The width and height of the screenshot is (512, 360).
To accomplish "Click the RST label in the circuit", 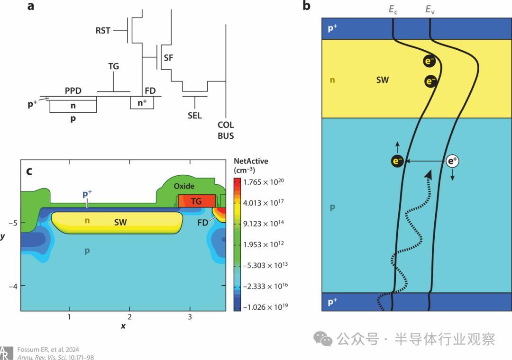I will pos(102,31).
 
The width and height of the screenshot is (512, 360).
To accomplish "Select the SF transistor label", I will pos(168,58).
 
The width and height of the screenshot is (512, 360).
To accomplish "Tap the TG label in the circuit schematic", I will pos(113,67).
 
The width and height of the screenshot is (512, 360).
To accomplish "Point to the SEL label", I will pos(194,116).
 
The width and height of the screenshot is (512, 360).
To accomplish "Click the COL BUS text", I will pos(226,131).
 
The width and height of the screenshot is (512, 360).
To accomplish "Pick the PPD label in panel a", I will pos(74,90).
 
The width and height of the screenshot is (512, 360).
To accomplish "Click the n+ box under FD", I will pos(142,102).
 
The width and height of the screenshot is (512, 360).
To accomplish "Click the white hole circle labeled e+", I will pos(452,162).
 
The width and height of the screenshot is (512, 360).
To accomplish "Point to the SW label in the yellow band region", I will pos(382,80).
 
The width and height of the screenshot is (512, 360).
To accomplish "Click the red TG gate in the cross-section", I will pos(196,201).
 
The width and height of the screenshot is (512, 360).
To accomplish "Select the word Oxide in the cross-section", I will pos(184,186).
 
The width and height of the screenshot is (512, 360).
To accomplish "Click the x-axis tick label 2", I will pos(129,316).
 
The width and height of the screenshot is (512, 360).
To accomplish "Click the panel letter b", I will pos(306,6).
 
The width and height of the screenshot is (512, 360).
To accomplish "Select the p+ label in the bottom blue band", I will pos(333,301).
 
